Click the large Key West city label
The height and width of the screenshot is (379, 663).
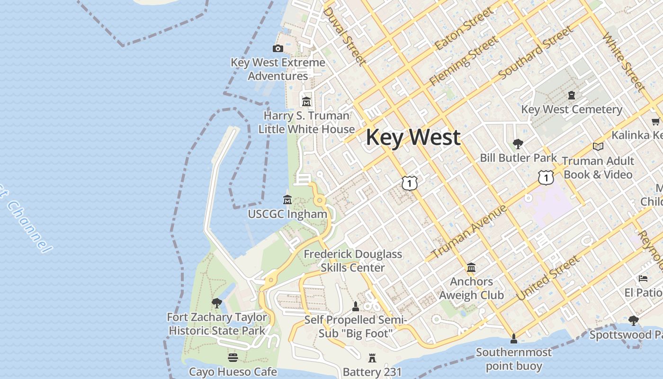[413, 137]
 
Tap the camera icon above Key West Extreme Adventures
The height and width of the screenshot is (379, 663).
[278, 48]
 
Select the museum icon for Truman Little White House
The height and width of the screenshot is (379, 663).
[306, 102]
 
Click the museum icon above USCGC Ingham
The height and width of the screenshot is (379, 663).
[287, 199]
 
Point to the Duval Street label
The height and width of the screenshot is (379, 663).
[344, 36]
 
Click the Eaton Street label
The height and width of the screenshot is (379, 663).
[464, 29]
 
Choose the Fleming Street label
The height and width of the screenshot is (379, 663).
[464, 61]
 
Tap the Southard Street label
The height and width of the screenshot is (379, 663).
[536, 53]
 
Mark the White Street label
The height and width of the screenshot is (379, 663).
[623, 62]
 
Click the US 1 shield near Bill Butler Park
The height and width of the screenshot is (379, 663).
[546, 178]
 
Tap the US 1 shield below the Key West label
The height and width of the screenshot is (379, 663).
[410, 183]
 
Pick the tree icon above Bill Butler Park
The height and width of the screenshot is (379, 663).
[518, 144]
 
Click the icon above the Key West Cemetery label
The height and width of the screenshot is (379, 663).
[572, 95]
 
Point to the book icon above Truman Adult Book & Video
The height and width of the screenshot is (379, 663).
[598, 147]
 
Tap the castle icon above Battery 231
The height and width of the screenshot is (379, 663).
[372, 358]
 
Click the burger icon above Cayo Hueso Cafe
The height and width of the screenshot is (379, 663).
[233, 357]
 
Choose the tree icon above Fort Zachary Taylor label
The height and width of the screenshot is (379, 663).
[217, 303]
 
